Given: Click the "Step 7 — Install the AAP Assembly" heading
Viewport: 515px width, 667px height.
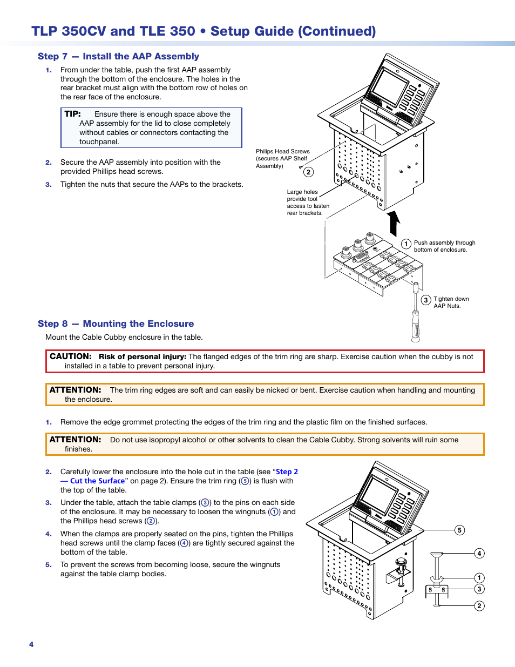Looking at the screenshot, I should click(118, 56).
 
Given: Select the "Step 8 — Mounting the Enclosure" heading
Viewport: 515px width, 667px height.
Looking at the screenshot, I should click(116, 324).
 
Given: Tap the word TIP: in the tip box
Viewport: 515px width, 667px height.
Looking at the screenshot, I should click(72, 114).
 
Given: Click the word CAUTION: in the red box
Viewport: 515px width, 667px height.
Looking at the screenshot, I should click(71, 356).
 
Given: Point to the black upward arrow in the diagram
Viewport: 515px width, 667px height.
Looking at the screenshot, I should click(394, 223).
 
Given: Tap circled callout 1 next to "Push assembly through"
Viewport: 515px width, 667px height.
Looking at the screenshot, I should click(406, 244).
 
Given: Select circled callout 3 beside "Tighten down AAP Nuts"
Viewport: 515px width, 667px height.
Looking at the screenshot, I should click(426, 300).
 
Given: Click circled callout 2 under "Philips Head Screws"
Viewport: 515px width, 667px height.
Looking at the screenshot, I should click(308, 172).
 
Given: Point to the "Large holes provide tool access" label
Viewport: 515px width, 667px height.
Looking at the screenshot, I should click(308, 203).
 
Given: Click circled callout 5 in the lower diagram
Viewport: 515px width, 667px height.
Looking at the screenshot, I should click(459, 530).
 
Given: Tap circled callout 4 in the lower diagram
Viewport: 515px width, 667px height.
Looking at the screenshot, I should click(479, 553).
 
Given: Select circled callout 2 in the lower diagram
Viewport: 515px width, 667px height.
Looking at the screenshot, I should click(479, 606).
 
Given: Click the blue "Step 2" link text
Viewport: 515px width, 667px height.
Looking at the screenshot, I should click(287, 471).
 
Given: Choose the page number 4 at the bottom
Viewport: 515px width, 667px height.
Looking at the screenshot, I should click(31, 644).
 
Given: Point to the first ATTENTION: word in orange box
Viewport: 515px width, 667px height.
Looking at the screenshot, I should click(75, 390).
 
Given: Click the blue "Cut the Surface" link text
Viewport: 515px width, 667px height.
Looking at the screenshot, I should click(97, 481).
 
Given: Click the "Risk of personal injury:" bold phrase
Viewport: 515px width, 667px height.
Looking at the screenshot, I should click(143, 356).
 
